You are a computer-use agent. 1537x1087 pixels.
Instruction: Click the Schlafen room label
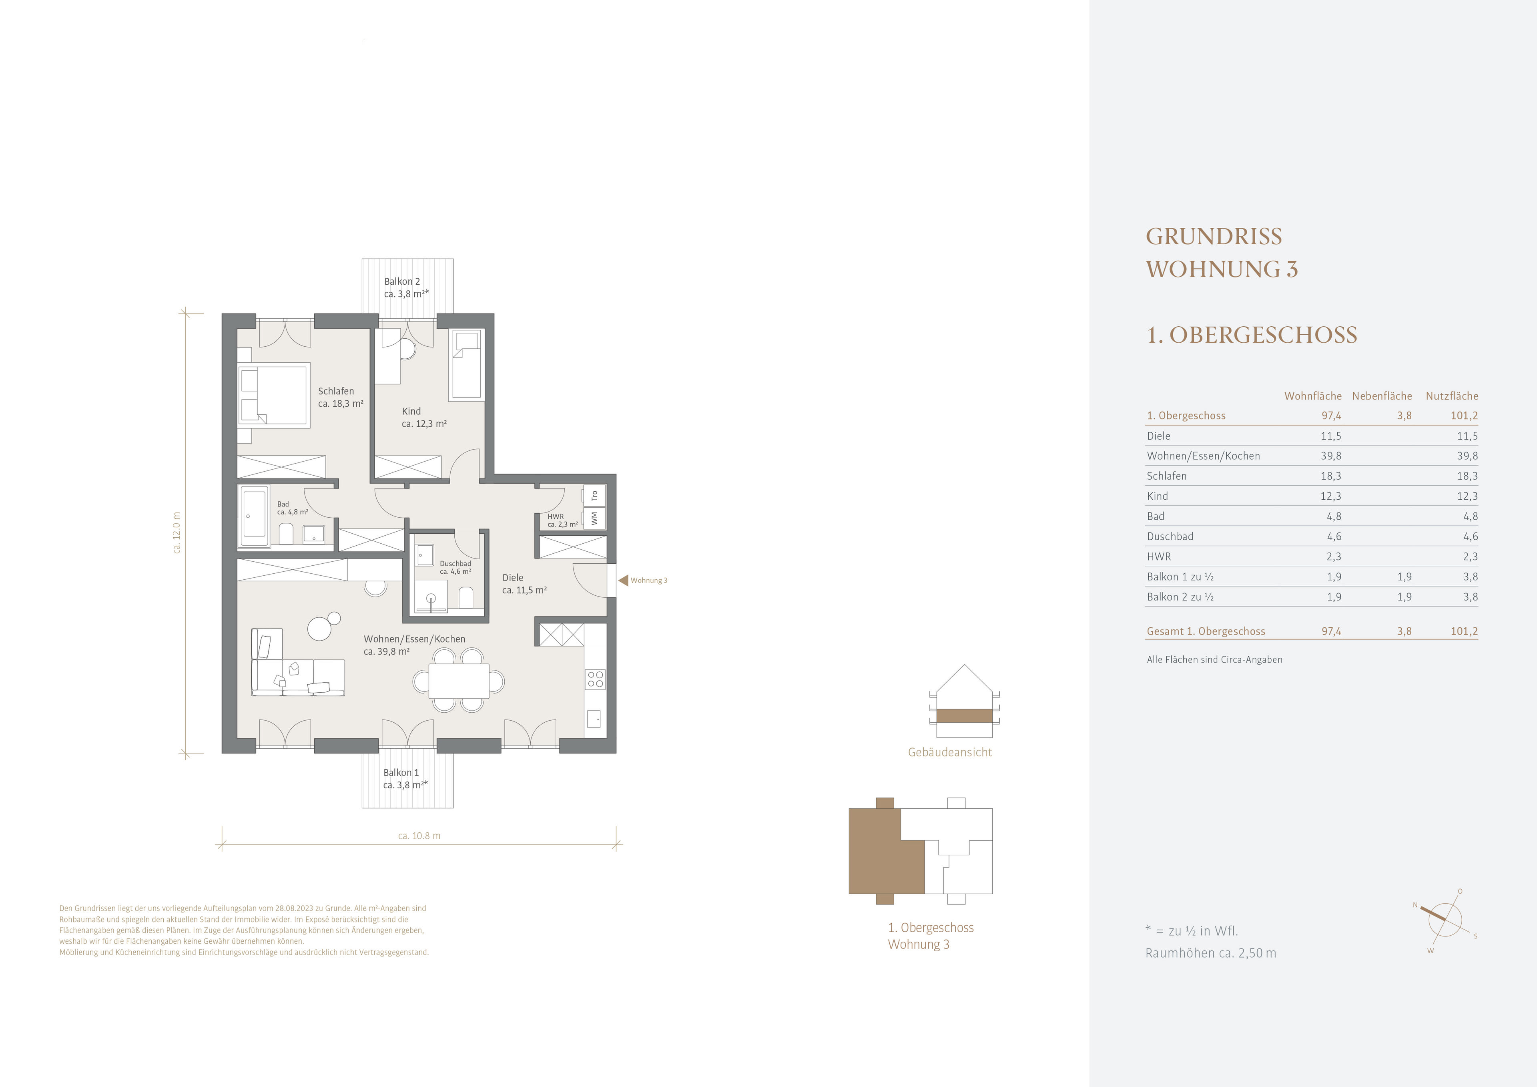[x=336, y=391]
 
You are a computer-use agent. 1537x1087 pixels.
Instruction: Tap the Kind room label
[x=411, y=411]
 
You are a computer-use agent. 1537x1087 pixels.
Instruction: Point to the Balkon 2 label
[x=401, y=282]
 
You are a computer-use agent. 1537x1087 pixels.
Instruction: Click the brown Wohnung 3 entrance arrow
[x=622, y=581]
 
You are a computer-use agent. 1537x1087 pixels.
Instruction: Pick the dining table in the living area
[x=459, y=681]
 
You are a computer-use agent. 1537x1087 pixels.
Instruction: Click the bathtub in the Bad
[x=255, y=514]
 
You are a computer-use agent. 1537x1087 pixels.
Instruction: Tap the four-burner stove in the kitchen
[x=595, y=679]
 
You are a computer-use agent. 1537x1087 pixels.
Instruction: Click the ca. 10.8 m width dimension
[x=419, y=836]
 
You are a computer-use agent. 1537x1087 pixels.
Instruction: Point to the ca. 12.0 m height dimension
[x=177, y=532]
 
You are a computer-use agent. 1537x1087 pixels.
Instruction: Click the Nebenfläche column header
[x=1382, y=396]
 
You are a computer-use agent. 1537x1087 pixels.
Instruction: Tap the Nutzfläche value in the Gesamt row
[x=1464, y=631]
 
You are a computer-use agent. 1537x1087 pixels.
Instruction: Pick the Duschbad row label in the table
[x=1170, y=536]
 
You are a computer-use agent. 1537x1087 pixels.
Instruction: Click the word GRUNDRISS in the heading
[x=1214, y=237]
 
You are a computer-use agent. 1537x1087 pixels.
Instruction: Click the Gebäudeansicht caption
[x=950, y=753]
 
